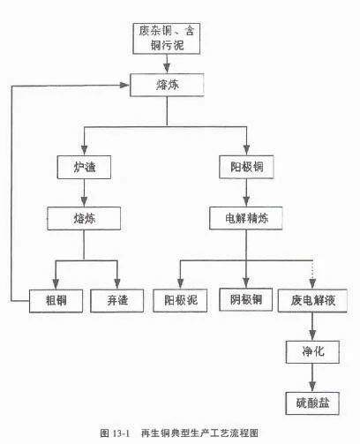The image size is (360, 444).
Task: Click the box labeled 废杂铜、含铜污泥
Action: tap(167, 39)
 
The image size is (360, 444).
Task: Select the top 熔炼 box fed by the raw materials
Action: tap(167, 85)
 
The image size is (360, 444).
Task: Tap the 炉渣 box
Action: tap(84, 167)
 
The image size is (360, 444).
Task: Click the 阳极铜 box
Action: tap(246, 167)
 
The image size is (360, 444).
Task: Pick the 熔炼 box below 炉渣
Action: tap(84, 218)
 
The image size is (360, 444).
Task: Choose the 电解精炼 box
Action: tap(246, 218)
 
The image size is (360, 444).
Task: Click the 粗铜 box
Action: tap(56, 301)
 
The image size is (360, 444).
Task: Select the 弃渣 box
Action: tap(117, 301)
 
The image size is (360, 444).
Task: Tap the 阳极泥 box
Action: tap(180, 300)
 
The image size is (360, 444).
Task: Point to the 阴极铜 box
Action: tap(246, 299)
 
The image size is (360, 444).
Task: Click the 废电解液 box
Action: tap(312, 300)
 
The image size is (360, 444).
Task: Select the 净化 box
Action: tap(312, 352)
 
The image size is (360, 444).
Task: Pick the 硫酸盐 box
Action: tap(312, 403)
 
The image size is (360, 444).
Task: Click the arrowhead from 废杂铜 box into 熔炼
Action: tap(167, 68)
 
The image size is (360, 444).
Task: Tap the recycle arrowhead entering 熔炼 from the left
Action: tap(124, 85)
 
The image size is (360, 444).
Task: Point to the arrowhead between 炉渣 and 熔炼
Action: tap(84, 201)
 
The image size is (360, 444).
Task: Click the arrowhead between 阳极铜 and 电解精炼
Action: tap(246, 201)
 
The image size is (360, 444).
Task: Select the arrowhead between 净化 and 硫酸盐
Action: tap(312, 387)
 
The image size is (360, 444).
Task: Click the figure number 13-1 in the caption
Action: tap(121, 433)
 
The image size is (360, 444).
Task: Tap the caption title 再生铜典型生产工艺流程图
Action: tap(200, 433)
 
